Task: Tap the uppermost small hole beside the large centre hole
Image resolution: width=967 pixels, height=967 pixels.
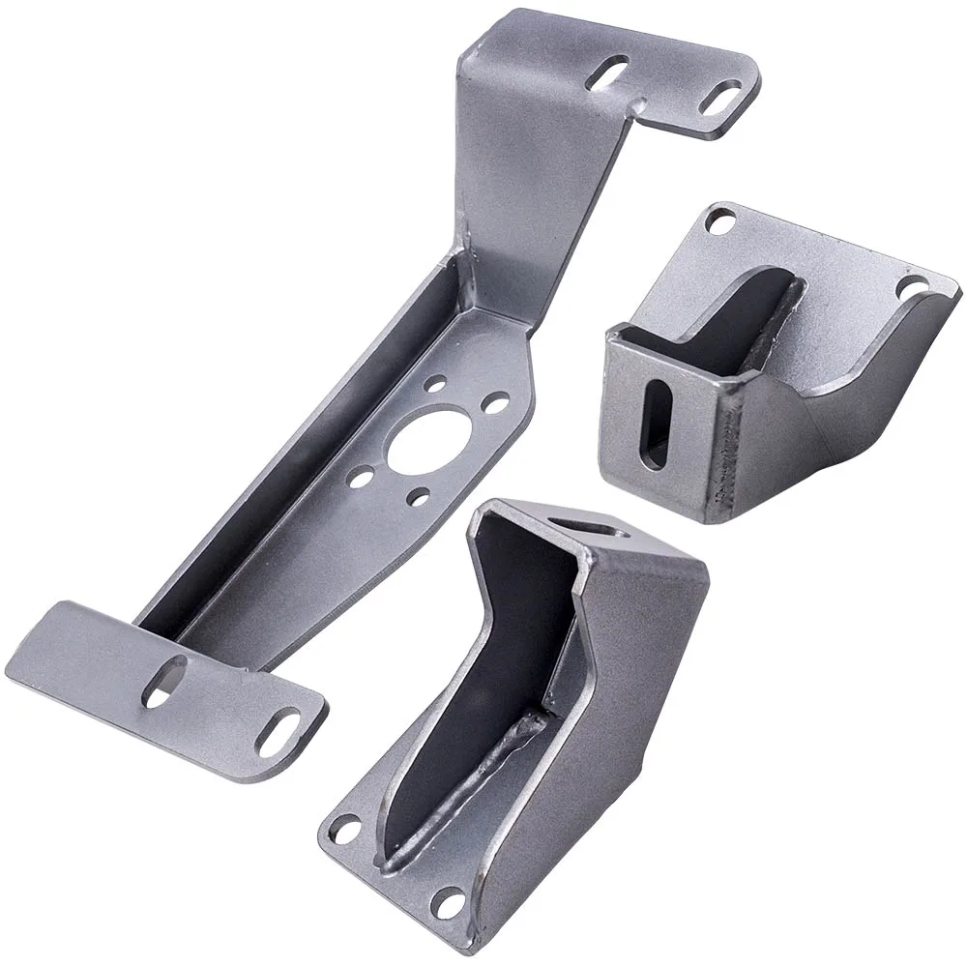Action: (x=436, y=384)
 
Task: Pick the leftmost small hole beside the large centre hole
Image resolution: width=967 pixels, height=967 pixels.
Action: (x=362, y=478)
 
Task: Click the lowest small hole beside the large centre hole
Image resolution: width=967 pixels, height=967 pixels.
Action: (x=418, y=498)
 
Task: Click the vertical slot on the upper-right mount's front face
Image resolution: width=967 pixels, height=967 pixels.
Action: (x=657, y=424)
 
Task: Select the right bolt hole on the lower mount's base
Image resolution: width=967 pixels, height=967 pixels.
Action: (x=447, y=905)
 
